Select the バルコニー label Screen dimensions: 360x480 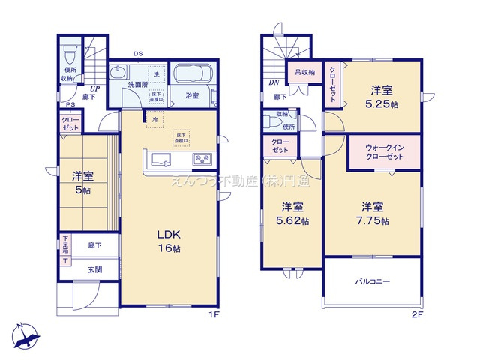[373, 281]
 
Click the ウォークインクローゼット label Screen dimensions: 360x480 [381, 152]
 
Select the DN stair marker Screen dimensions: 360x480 [274, 82]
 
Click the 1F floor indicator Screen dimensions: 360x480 [214, 315]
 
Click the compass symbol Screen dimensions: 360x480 [25, 334]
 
